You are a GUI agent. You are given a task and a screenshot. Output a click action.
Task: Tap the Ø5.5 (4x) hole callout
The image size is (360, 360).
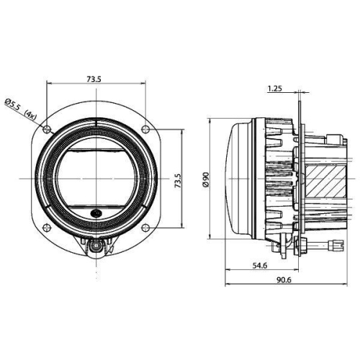tap(20, 108)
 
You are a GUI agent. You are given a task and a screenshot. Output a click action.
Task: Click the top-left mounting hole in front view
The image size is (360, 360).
tap(47, 129)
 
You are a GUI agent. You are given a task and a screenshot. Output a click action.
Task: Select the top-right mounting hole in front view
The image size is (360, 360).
tap(146, 129)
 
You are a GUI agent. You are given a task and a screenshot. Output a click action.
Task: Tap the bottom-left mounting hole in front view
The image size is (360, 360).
tap(47, 228)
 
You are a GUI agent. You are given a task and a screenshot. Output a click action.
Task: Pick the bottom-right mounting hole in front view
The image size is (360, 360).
tap(146, 228)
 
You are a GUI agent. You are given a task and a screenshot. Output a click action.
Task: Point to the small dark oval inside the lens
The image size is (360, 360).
tap(97, 213)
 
